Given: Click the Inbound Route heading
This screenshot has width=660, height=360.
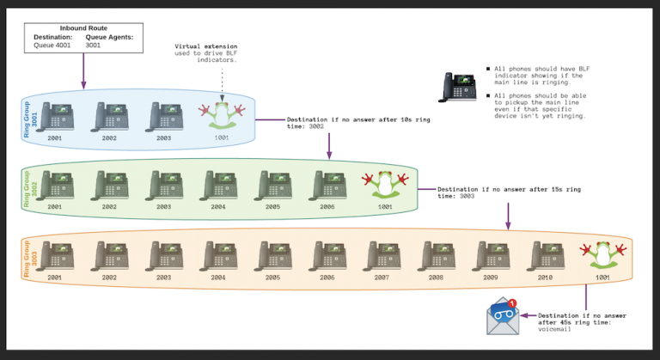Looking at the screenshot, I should [83, 29].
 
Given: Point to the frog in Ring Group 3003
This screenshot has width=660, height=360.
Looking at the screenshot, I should [602, 257].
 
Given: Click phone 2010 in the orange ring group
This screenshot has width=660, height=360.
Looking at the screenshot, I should [545, 256].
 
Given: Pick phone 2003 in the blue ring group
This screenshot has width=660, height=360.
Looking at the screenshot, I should [164, 116].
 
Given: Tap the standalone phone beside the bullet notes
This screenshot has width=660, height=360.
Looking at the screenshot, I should [459, 86].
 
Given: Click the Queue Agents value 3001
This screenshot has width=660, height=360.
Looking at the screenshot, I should [94, 46].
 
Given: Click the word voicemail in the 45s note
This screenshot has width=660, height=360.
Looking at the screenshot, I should [553, 330].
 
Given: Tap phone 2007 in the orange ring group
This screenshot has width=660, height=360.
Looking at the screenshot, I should [382, 256].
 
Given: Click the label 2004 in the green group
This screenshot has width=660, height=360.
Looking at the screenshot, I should [218, 207].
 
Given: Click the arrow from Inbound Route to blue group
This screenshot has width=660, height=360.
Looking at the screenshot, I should [83, 70].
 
